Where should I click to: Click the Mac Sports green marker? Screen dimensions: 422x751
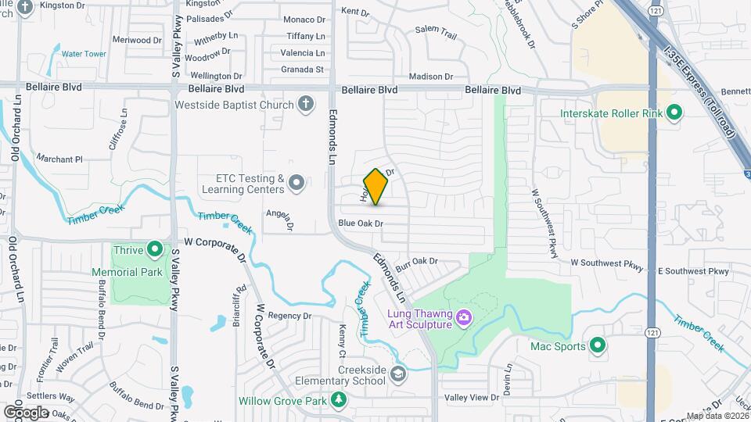tap(598, 345)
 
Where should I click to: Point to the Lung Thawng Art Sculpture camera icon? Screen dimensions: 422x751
tap(463, 318)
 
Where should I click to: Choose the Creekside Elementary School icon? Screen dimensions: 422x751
tap(398, 374)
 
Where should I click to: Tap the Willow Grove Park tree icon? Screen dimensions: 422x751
tap(338, 401)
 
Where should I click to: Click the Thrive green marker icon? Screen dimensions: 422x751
tap(155, 250)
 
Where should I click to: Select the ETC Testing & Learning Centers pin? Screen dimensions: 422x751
tap(296, 184)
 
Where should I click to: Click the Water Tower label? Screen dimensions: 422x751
tap(84, 54)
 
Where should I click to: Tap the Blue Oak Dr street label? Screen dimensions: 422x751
tap(361, 224)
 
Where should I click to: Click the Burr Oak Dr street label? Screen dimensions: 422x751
tap(415, 261)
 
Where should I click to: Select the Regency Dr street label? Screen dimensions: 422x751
tap(289, 316)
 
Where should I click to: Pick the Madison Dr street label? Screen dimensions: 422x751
tap(431, 77)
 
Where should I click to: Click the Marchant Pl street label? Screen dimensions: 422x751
tap(59, 159)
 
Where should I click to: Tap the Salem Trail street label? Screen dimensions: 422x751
tap(436, 32)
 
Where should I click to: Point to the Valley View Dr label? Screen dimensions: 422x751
tap(472, 398)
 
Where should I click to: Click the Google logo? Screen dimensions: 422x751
tap(26, 412)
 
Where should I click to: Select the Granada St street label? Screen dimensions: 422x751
tap(302, 70)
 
